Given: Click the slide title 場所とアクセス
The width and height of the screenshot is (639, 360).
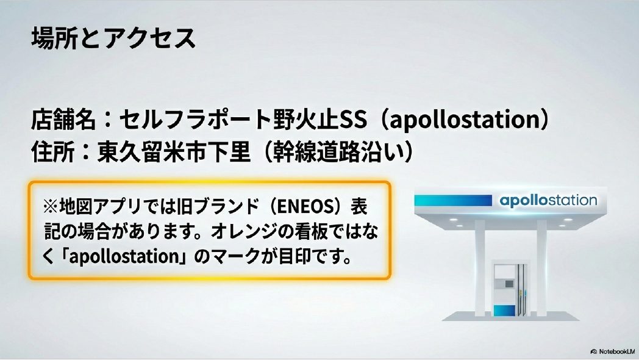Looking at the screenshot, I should click(x=113, y=38).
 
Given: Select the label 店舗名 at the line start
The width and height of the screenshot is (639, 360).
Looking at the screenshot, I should click(x=63, y=120).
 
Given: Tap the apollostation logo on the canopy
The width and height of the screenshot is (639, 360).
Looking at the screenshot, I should click(x=548, y=201).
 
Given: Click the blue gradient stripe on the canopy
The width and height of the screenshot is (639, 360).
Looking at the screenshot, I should click(x=454, y=201).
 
